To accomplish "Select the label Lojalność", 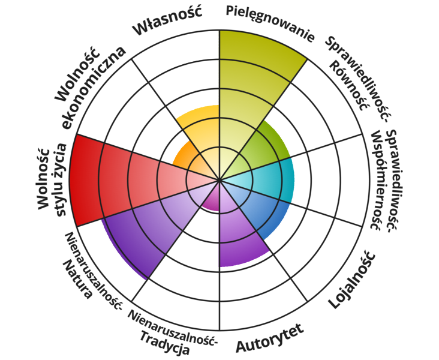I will click(x=353, y=280).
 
